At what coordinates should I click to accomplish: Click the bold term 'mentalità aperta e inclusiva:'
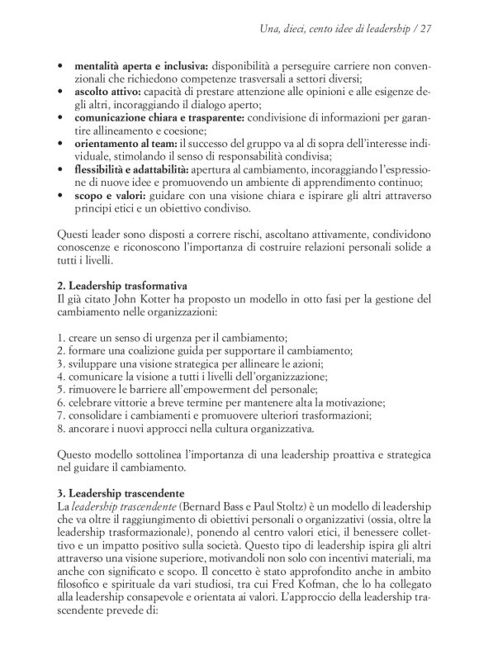(x=140, y=64)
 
